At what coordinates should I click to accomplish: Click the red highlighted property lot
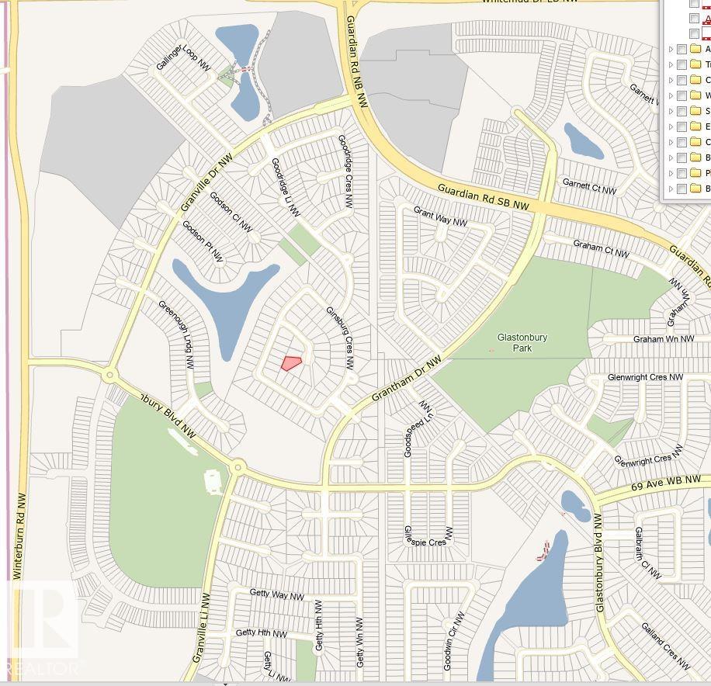click(x=291, y=362)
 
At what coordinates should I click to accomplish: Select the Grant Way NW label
click(x=440, y=217)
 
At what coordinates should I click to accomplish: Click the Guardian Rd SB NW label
click(x=483, y=197)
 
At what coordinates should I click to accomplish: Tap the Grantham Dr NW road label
click(x=406, y=379)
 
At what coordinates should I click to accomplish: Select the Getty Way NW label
click(x=276, y=594)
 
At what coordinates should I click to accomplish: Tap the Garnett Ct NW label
click(x=589, y=187)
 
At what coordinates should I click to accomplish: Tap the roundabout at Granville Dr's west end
click(x=109, y=376)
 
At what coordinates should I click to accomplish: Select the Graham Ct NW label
click(x=601, y=248)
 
